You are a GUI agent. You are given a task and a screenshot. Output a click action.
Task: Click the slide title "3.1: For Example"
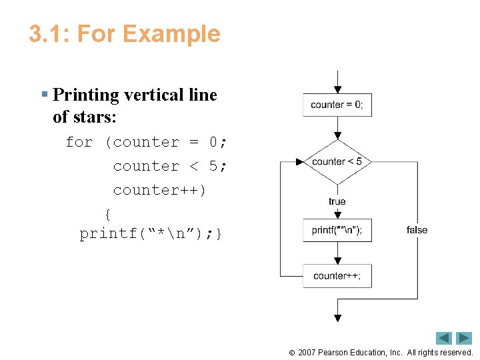point(125,34)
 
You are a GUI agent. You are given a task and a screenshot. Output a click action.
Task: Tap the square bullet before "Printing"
point(44,95)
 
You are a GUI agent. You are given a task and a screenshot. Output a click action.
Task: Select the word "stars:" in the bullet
point(93,117)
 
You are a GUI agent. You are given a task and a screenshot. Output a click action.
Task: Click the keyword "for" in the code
point(79,143)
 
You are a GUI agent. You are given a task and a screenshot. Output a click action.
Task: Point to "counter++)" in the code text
point(159,190)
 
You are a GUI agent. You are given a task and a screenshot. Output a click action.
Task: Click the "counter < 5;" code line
point(169,166)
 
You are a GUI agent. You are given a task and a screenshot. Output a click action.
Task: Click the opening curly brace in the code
point(108,214)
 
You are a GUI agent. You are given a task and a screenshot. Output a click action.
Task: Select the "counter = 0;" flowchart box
point(337,105)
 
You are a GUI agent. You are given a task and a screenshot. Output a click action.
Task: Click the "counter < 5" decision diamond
point(337,161)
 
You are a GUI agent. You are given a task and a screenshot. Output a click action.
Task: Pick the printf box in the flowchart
point(337,231)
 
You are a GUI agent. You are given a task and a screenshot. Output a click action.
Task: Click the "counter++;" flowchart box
point(337,276)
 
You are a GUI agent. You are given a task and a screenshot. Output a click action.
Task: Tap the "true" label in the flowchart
point(337,201)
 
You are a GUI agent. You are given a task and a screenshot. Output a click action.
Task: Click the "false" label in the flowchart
point(417,230)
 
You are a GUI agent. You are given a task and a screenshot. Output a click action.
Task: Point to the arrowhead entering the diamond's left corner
point(299,161)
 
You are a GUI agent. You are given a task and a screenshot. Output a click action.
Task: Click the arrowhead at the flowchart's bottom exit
point(338,318)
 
